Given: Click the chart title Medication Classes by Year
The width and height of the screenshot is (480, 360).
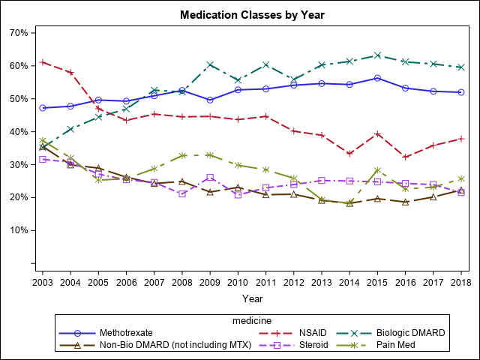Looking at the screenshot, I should tap(252, 14).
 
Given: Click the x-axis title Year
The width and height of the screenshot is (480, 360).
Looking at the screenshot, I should tap(252, 298).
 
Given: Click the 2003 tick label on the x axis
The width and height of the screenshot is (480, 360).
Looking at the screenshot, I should tap(43, 280).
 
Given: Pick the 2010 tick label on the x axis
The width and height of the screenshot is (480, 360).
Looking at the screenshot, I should tap(238, 280).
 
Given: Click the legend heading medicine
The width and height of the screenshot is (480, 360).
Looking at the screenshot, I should tap(251, 319).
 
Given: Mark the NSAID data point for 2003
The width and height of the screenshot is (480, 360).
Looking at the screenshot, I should tap(43, 62).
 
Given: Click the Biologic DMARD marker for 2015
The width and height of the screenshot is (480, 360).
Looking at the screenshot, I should tap(378, 55).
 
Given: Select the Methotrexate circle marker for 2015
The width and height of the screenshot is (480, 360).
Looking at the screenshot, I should tap(378, 78).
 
